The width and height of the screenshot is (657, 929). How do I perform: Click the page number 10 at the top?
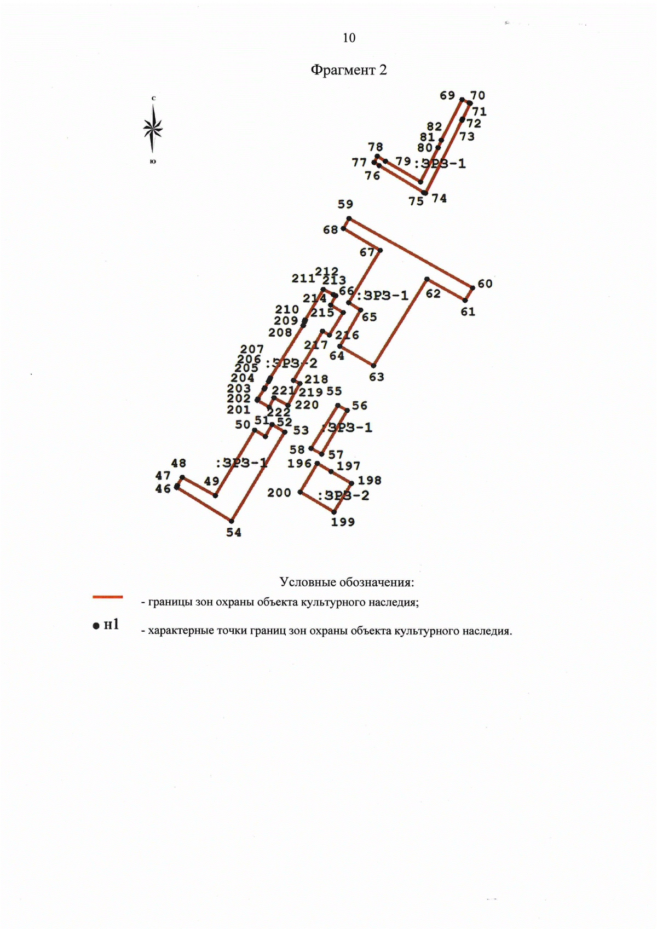tap(349, 38)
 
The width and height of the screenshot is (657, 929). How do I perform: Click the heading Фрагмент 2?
tap(349, 70)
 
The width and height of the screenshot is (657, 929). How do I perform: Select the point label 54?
tap(234, 533)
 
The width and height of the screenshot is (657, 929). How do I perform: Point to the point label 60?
tap(485, 284)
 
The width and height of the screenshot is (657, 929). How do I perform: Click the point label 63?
tap(377, 377)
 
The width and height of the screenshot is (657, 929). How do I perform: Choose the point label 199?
tap(343, 522)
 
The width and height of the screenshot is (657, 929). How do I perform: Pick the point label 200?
tap(279, 493)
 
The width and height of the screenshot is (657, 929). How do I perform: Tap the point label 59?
tap(345, 204)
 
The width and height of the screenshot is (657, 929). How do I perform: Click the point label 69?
tap(447, 95)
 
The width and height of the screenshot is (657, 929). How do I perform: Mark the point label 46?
tap(163, 489)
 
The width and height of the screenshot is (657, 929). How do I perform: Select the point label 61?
tap(468, 312)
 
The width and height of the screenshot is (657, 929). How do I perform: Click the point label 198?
tap(370, 480)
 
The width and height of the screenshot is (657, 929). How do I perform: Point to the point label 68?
tap(330, 230)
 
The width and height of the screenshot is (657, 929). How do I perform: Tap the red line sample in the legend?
tap(108, 597)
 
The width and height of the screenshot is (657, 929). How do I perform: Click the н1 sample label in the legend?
tap(111, 625)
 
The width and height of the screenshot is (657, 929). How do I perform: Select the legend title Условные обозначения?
tap(347, 582)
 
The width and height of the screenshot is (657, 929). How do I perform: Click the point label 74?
tap(439, 199)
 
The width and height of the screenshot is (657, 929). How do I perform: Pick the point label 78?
tap(376, 147)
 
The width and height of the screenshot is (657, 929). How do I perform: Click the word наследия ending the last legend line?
tap(487, 631)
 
